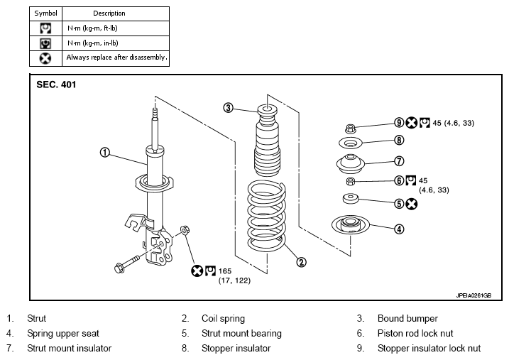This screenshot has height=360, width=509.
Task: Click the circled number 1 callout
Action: point(104,152)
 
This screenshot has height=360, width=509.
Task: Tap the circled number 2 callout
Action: point(301,262)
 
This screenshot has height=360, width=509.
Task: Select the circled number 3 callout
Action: point(228,108)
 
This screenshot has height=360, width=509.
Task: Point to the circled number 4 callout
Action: point(399,229)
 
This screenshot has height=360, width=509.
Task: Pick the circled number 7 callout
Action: point(399,161)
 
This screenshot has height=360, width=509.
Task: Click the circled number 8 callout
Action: point(399,140)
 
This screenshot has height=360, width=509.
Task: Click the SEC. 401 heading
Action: point(56,84)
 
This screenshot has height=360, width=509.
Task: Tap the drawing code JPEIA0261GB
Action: point(474,295)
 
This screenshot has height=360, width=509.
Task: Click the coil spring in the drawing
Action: point(267,216)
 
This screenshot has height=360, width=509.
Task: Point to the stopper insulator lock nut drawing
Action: point(350,129)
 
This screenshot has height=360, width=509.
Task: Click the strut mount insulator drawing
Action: point(351,164)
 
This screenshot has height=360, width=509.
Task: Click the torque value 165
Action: point(225,271)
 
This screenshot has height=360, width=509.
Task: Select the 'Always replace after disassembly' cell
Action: point(116,58)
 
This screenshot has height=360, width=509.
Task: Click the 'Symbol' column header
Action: point(45,13)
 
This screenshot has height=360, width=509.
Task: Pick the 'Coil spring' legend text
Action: point(223,318)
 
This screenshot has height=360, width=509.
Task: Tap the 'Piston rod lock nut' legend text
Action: point(415,334)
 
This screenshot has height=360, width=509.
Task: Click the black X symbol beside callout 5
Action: point(411,204)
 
